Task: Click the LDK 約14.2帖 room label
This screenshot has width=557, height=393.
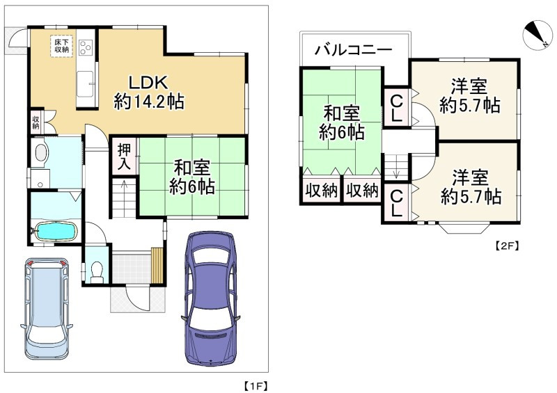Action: click(x=148, y=91)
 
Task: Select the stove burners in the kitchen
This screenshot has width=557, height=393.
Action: click(x=86, y=47)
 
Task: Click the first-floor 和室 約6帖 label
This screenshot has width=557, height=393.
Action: click(x=193, y=177)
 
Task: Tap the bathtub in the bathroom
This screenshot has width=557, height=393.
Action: click(x=54, y=230)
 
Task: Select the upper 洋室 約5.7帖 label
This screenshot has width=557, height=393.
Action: click(x=469, y=96)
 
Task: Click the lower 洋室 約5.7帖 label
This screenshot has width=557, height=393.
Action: click(x=469, y=187)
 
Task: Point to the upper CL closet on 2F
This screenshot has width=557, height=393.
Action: click(x=395, y=107)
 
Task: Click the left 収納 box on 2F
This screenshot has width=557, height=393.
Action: click(x=321, y=191)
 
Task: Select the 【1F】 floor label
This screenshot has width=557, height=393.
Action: click(x=254, y=384)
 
